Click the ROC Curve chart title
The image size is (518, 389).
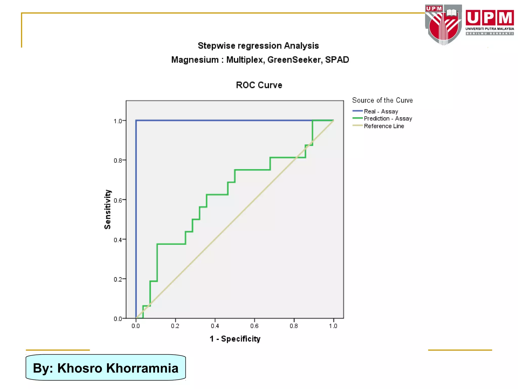point(259,85)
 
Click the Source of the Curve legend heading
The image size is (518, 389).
point(382,100)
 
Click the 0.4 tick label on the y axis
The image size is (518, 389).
point(118,240)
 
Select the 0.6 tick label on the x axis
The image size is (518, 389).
point(254,326)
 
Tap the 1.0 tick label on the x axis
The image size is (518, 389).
point(333,326)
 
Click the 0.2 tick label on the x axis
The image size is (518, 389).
point(175,326)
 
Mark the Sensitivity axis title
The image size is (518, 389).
point(107,209)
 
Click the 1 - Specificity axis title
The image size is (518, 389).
point(235,339)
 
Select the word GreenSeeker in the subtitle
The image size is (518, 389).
point(295,60)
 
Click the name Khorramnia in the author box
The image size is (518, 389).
point(142,368)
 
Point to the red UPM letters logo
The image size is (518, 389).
point(490,18)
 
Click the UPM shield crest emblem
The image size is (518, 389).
point(443,25)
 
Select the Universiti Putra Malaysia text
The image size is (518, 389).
point(490,29)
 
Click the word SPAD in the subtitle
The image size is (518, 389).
point(337,60)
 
